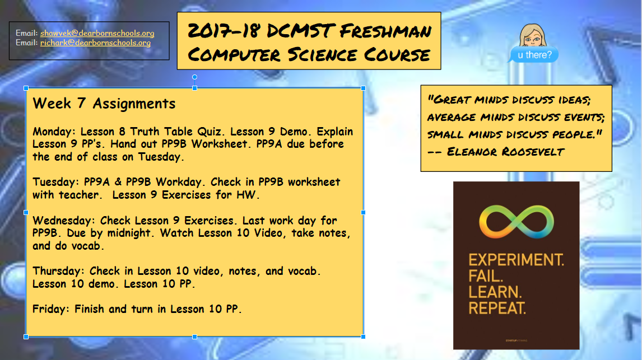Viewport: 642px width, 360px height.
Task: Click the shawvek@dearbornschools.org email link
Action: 97,33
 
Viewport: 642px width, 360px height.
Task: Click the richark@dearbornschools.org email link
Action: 95,43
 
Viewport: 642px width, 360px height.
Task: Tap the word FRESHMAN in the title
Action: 385,31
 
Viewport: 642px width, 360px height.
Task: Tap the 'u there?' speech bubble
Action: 534,55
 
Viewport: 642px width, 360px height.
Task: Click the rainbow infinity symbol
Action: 517,222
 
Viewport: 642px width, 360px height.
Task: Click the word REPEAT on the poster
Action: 497,308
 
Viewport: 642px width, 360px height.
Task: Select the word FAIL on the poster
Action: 486,276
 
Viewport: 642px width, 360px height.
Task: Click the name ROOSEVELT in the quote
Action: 533,152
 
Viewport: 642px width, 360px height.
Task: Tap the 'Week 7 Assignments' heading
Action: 104,104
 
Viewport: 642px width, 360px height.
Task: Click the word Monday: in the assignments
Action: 54,132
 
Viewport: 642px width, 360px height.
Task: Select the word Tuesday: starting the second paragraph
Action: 55,182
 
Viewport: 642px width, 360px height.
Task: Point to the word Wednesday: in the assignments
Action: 64,221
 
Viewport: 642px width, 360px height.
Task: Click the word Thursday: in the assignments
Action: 59,271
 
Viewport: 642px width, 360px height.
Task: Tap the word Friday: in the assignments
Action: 51,309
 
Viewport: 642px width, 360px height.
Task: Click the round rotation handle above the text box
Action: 195,77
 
